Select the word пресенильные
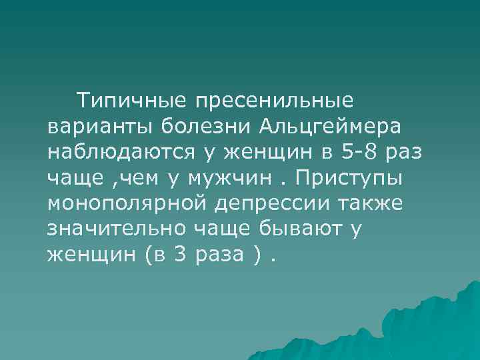[x=275, y=102]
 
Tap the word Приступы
[x=355, y=179]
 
